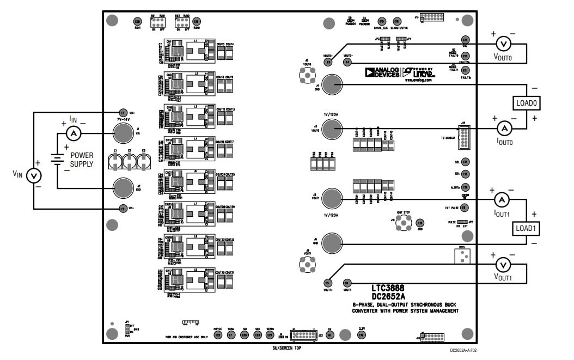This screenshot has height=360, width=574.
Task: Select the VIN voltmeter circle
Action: point(34,175)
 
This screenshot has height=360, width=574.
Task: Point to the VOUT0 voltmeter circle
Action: point(503,44)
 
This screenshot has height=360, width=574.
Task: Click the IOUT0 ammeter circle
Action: point(504,128)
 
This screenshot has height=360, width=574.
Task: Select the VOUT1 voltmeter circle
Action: point(503,265)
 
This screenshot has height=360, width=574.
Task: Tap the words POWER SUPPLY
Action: point(82,160)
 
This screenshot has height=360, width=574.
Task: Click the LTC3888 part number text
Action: point(388,288)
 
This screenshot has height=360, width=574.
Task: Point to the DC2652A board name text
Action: point(388,297)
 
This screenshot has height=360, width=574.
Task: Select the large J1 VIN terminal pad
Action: point(124,132)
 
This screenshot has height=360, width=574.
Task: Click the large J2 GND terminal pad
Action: point(124,187)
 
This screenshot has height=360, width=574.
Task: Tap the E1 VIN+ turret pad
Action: point(123,113)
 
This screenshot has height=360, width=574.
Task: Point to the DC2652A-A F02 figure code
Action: point(467,352)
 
